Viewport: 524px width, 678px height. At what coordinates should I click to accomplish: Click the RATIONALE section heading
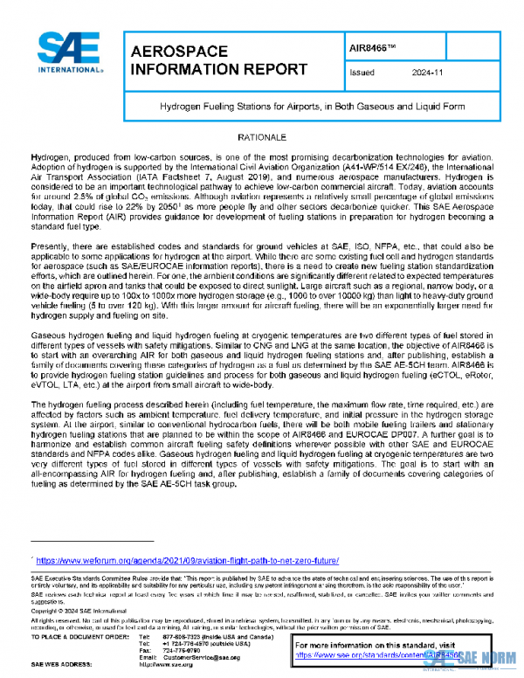click(x=262, y=139)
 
